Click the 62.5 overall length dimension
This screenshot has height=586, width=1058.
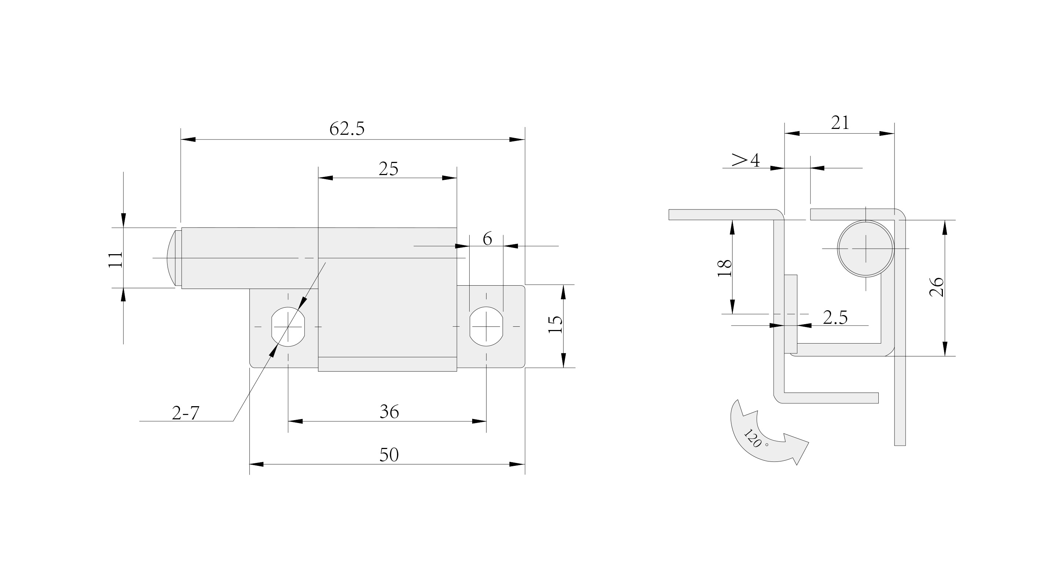[x=347, y=129]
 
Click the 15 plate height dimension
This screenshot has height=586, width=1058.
[x=555, y=324]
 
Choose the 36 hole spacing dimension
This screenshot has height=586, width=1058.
[x=389, y=412]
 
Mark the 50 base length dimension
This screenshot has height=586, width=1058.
[x=389, y=455]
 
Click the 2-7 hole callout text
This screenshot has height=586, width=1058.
[x=185, y=413]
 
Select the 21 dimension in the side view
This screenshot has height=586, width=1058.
[x=840, y=123]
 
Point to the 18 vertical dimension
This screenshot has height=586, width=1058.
[x=725, y=268]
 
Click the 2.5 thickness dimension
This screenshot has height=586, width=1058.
[x=835, y=318]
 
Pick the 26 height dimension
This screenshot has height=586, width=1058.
[x=937, y=287]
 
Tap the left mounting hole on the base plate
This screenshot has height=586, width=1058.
[x=288, y=327]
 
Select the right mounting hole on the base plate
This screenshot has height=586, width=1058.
[x=486, y=327]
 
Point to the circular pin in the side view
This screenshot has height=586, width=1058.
[x=866, y=248]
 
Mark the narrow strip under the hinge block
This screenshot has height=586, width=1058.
[x=387, y=364]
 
